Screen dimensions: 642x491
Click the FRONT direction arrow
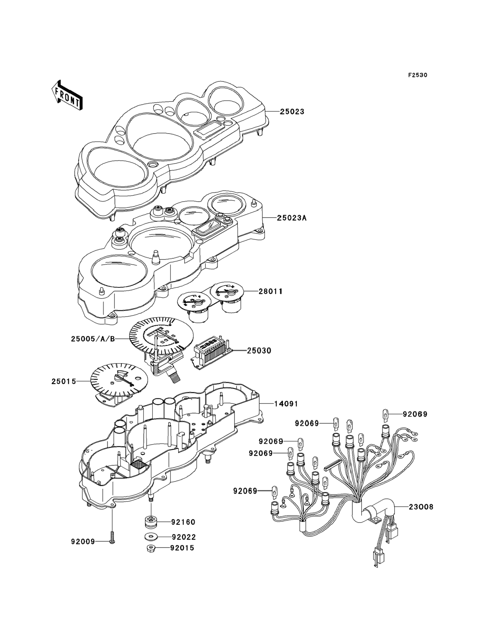pyautogui.click(x=66, y=95)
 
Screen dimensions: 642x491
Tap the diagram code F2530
pyautogui.click(x=418, y=75)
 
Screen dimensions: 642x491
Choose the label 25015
pyautogui.click(x=64, y=381)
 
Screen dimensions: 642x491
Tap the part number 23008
pyautogui.click(x=421, y=507)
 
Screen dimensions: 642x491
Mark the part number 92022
pyautogui.click(x=183, y=537)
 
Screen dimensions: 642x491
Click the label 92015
pyautogui.click(x=182, y=548)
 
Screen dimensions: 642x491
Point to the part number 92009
pyautogui.click(x=83, y=542)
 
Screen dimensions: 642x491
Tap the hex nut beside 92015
pyautogui.click(x=151, y=548)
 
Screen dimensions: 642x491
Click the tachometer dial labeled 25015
pyautogui.click(x=119, y=379)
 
